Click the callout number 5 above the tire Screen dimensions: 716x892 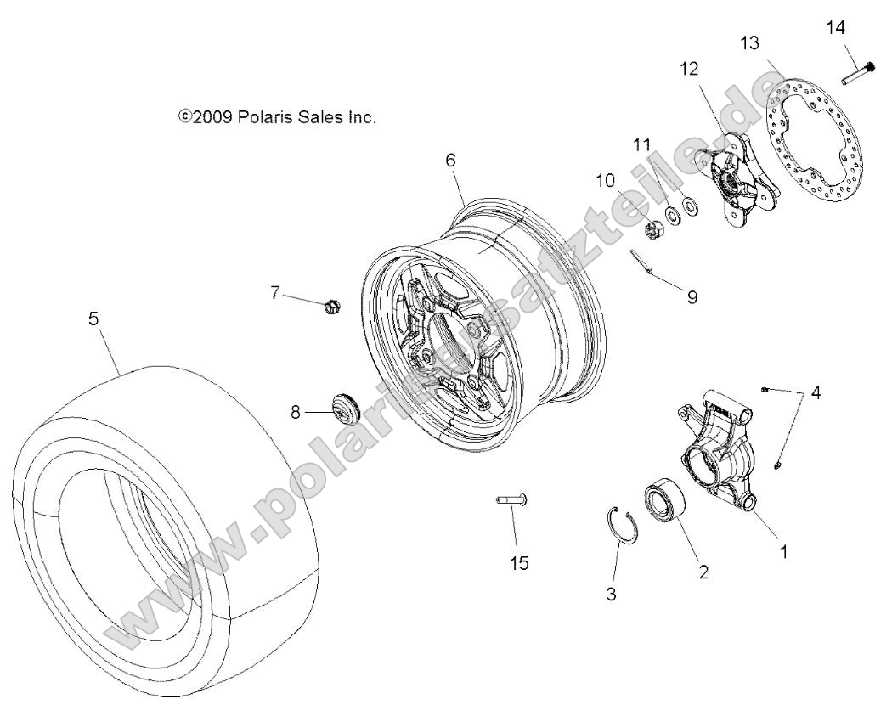coord(93,318)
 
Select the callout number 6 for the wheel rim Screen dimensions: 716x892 coord(450,159)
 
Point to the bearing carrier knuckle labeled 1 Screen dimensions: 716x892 coord(718,454)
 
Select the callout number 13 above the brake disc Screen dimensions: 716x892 coord(748,42)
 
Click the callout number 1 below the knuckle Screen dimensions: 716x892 coord(783,551)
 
